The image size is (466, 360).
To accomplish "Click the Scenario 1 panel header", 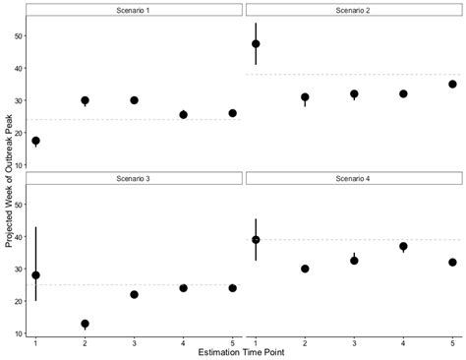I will (134, 10).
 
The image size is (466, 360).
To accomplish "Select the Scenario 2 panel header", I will (354, 10).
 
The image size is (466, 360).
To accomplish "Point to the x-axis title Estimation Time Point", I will (243, 351).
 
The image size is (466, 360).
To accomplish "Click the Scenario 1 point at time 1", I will (36, 141).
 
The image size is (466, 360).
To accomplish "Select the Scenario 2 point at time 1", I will (256, 44).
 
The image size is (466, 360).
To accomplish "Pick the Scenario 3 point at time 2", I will (85, 324).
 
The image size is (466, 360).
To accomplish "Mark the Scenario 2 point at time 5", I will (452, 85).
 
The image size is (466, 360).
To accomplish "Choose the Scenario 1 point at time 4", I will (183, 115).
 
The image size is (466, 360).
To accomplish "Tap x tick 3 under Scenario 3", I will (134, 341).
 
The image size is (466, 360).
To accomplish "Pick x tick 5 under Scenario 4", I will (452, 341).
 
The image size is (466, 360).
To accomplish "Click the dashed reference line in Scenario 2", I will (374, 75).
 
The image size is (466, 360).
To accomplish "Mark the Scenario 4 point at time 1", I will (256, 240).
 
